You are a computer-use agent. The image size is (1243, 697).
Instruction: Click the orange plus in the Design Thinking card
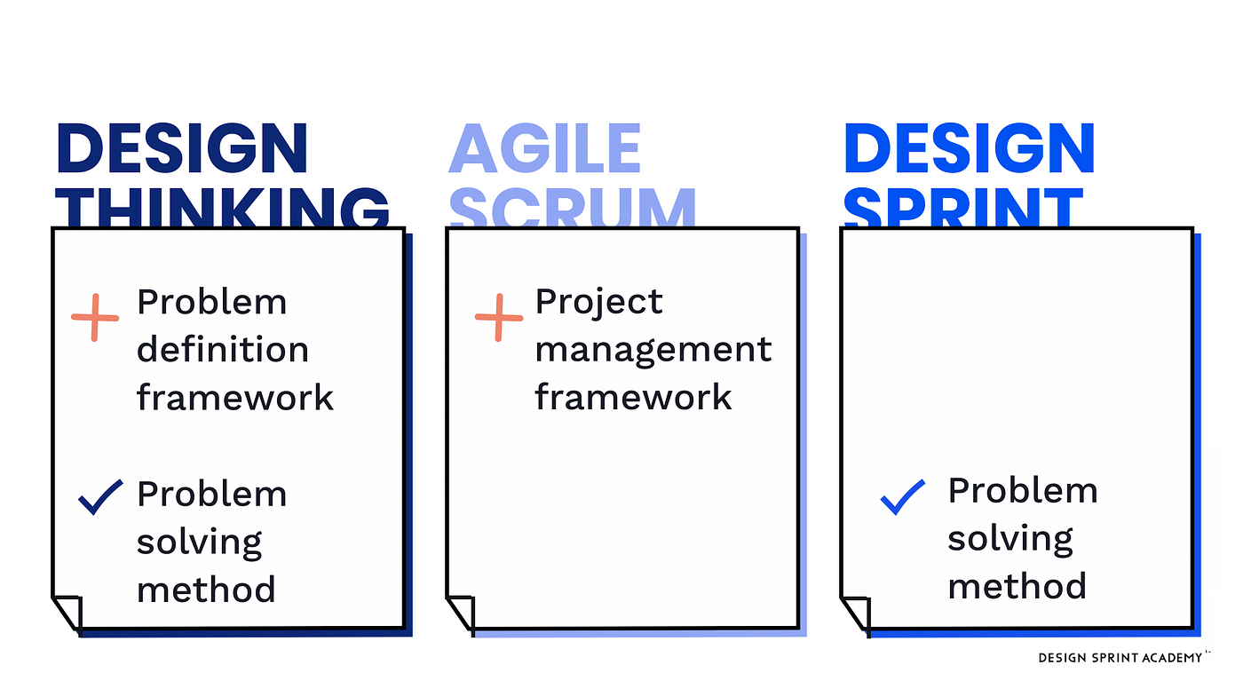pyautogui.click(x=95, y=318)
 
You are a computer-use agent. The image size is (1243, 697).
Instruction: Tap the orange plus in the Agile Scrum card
pyautogui.click(x=499, y=318)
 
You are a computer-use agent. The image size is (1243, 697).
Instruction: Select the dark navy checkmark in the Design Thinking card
pyautogui.click(x=100, y=497)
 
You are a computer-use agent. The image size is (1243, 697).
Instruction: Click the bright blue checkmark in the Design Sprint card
pyautogui.click(x=903, y=497)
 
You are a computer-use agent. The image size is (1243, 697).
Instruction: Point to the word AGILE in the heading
pyautogui.click(x=545, y=149)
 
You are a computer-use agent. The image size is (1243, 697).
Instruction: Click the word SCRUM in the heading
pyautogui.click(x=573, y=208)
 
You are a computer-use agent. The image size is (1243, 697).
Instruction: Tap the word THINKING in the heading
pyautogui.click(x=223, y=208)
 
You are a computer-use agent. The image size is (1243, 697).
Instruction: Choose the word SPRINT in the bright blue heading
pyautogui.click(x=963, y=208)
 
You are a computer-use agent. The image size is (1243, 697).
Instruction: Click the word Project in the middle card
pyautogui.click(x=598, y=304)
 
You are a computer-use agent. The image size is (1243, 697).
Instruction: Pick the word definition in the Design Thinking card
pyautogui.click(x=223, y=349)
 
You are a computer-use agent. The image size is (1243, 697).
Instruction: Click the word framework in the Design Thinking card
pyautogui.click(x=235, y=397)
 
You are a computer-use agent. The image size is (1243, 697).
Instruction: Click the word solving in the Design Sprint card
pyautogui.click(x=1010, y=539)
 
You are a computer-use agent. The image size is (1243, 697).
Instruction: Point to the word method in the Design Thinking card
pyautogui.click(x=206, y=589)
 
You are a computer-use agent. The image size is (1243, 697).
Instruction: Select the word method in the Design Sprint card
pyautogui.click(x=1017, y=585)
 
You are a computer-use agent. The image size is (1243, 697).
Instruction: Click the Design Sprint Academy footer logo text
pyautogui.click(x=1120, y=658)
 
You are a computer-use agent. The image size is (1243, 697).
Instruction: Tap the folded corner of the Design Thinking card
pyautogui.click(x=67, y=614)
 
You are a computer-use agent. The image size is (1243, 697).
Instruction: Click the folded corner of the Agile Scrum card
pyautogui.click(x=461, y=614)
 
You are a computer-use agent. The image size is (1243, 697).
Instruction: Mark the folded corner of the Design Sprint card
pyautogui.click(x=856, y=614)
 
